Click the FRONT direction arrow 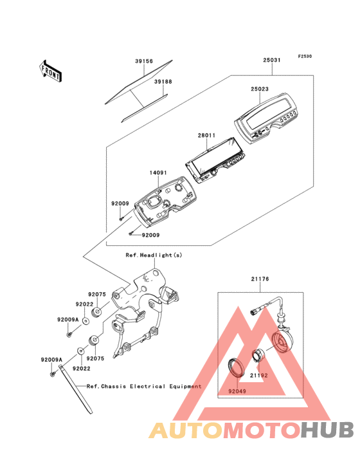pyautogui.click(x=50, y=71)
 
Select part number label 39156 pyautogui.click(x=144, y=61)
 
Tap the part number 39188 pyautogui.click(x=163, y=82)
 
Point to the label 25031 pyautogui.click(x=272, y=60)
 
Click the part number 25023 pyautogui.click(x=260, y=89)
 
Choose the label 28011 pyautogui.click(x=207, y=136)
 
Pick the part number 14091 pyautogui.click(x=158, y=172)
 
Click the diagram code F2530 pyautogui.click(x=305, y=56)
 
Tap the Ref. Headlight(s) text pyautogui.click(x=154, y=255)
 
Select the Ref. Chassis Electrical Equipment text pyautogui.click(x=144, y=386)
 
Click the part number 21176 pyautogui.click(x=260, y=279)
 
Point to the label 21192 pyautogui.click(x=259, y=376)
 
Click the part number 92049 pyautogui.click(x=237, y=391)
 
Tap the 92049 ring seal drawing pyautogui.click(x=237, y=367)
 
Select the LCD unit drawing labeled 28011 pyautogui.click(x=215, y=160)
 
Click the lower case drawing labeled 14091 pyautogui.click(x=165, y=201)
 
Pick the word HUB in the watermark pyautogui.click(x=328, y=430)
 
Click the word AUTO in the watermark pyautogui.click(x=186, y=430)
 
